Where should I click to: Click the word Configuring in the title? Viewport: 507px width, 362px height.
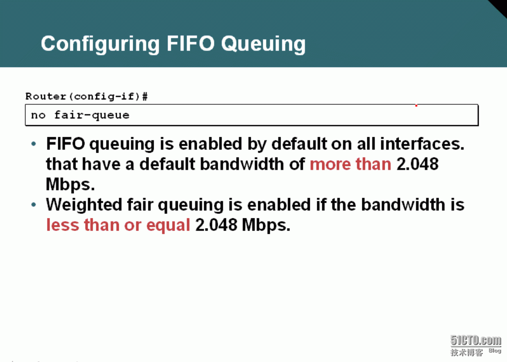pyautogui.click(x=100, y=45)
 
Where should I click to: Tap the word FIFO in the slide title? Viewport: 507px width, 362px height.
pyautogui.click(x=191, y=43)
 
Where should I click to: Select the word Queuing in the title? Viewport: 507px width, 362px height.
pyautogui.click(x=264, y=45)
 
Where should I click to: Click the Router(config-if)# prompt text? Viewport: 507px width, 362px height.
pyautogui.click(x=86, y=97)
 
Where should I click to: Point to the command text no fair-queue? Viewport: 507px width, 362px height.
pyautogui.click(x=80, y=115)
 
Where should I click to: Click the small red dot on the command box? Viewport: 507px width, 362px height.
pyautogui.click(x=416, y=106)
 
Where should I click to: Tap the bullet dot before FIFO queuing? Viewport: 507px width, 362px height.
pyautogui.click(x=34, y=144)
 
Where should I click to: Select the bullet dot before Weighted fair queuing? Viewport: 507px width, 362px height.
pyautogui.click(x=34, y=205)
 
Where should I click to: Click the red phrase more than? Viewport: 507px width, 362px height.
pyautogui.click(x=350, y=164)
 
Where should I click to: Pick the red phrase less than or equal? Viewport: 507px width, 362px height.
pyautogui.click(x=118, y=225)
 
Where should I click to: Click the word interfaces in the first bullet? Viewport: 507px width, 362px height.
pyautogui.click(x=422, y=144)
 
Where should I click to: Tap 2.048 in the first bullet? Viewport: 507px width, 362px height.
pyautogui.click(x=418, y=164)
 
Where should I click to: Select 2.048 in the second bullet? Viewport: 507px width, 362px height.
pyautogui.click(x=216, y=225)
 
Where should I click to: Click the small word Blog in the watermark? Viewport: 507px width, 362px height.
pyautogui.click(x=495, y=351)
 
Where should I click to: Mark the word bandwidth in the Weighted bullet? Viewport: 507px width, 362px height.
pyautogui.click(x=403, y=205)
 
